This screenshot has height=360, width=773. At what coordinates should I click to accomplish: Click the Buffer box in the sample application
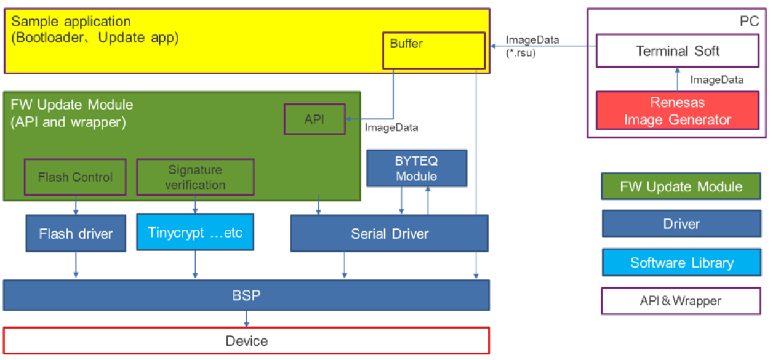tap(433, 50)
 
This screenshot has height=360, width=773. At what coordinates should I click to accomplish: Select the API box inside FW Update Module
tap(314, 119)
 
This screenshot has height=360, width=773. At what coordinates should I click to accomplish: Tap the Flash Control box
tap(75, 177)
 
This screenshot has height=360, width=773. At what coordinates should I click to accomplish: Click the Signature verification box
tap(194, 177)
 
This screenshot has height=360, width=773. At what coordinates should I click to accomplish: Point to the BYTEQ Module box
tap(416, 168)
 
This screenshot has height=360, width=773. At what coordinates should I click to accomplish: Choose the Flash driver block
tap(76, 233)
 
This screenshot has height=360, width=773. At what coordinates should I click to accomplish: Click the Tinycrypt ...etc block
tap(194, 233)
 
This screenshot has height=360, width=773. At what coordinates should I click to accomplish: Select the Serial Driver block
tap(389, 233)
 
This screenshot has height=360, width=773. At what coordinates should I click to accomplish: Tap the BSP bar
tap(246, 295)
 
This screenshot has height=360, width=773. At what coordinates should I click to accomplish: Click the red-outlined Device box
tap(246, 341)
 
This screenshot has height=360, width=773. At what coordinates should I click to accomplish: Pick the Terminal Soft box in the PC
tap(677, 51)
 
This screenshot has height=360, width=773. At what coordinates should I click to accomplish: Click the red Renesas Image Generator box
tap(677, 111)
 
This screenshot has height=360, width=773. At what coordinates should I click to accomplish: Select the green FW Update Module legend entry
tap(681, 187)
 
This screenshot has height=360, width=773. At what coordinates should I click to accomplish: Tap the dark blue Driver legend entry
tap(681, 225)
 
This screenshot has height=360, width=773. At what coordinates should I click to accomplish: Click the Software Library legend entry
tap(681, 263)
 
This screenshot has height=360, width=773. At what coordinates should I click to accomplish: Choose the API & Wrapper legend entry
tap(681, 301)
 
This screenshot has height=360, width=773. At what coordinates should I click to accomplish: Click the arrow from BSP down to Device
tap(247, 319)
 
